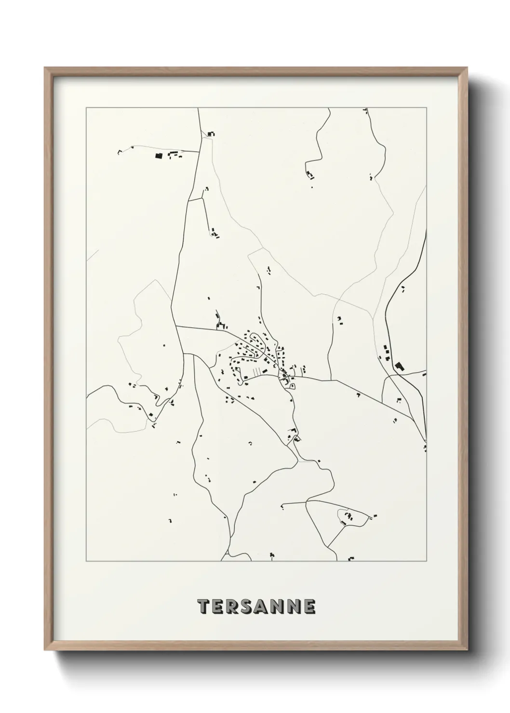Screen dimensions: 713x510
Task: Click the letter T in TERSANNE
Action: click(x=204, y=607)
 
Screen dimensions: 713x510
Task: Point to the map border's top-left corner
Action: click(x=86, y=108)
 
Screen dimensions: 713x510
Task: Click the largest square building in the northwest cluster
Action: click(x=157, y=156)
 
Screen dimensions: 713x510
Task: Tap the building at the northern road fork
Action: click(x=210, y=134)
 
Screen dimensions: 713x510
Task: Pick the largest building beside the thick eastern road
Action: click(x=399, y=367)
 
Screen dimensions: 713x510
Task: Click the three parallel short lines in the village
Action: click(x=257, y=371)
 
